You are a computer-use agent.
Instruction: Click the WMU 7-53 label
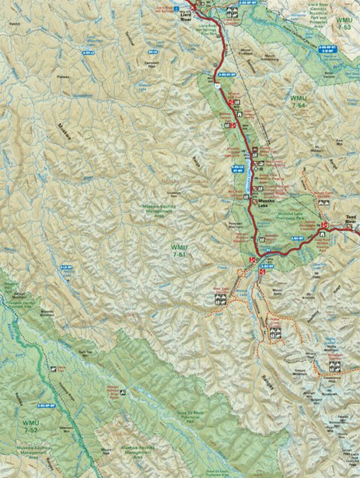pyautogui.click(x=343, y=22)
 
